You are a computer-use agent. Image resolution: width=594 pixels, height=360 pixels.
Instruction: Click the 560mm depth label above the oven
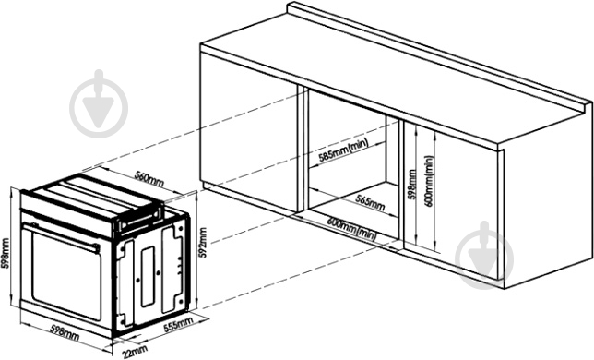pyautogui.click(x=149, y=179)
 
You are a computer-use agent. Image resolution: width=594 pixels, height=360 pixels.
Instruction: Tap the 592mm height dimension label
pyautogui.click(x=203, y=243)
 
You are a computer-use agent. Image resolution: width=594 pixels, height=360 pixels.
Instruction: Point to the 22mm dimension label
pyautogui.click(x=135, y=352)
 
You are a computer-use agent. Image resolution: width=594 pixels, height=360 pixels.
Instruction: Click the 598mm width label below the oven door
pyautogui.click(x=65, y=332)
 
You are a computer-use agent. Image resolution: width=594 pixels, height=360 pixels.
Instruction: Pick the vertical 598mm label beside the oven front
pyautogui.click(x=5, y=253)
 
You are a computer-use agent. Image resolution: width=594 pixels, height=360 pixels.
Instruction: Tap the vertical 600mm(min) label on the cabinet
pyautogui.click(x=429, y=181)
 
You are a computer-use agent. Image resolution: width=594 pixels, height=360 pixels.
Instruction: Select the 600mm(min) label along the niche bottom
pyautogui.click(x=352, y=229)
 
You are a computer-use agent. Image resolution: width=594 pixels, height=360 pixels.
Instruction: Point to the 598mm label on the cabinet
pyautogui.click(x=412, y=185)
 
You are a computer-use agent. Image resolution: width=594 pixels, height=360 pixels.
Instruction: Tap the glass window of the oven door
pyautogui.click(x=66, y=276)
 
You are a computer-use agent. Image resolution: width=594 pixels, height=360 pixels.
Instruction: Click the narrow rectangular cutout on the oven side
pyautogui.click(x=148, y=277)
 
